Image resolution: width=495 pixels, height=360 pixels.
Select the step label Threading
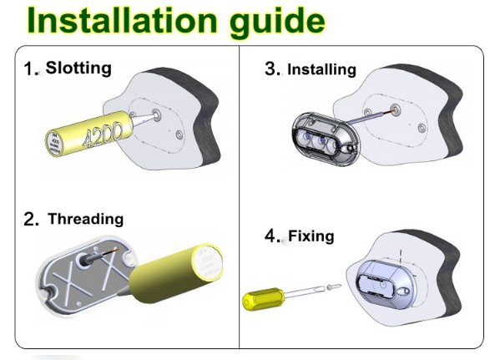(85, 219)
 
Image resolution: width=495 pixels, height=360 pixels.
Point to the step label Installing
(321, 69)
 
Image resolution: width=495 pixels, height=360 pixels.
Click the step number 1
(31, 69)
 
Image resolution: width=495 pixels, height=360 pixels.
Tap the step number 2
(31, 220)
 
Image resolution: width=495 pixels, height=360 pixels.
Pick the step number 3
(272, 69)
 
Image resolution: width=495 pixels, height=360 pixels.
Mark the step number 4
(272, 236)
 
